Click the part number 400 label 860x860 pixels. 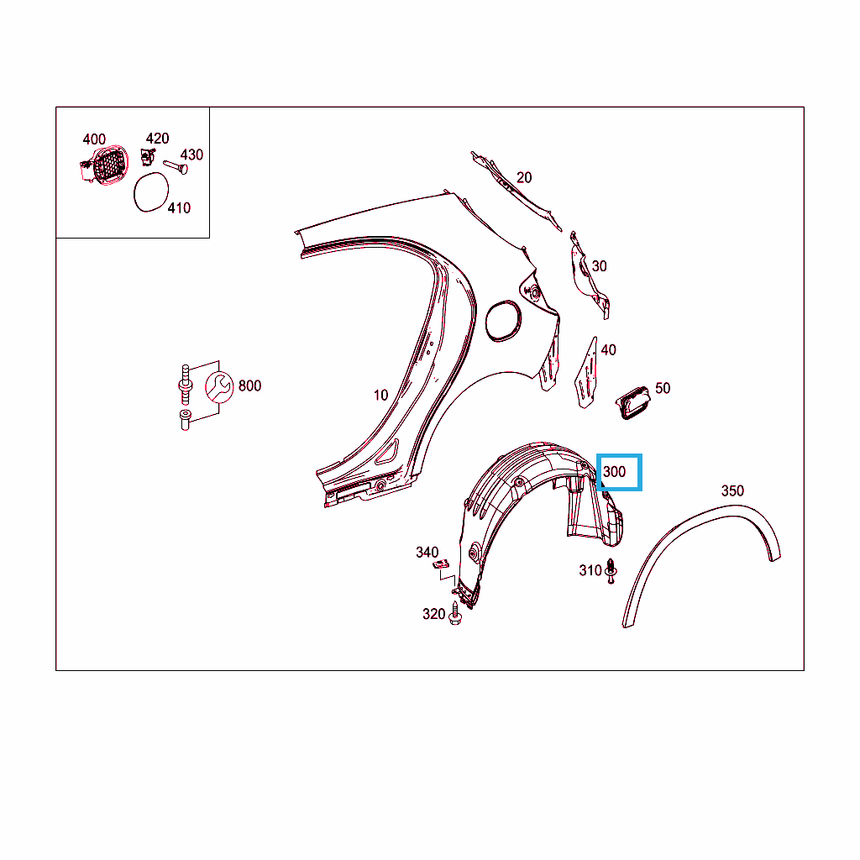coord(94,139)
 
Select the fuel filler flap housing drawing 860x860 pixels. coord(104,165)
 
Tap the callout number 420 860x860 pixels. coord(157,139)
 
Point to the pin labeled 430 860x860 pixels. coord(176,167)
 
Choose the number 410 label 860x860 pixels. coord(179,208)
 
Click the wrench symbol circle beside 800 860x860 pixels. coord(219,386)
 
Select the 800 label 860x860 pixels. coord(249,385)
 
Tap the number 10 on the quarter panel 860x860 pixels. coord(380,395)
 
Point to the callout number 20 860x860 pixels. coord(524,177)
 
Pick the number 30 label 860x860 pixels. coord(599,266)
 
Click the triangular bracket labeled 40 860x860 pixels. coord(586,374)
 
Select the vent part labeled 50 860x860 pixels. coord(633,402)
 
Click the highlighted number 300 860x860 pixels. coord(614,472)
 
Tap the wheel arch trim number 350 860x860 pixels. coord(732,490)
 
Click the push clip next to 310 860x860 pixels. coord(611,571)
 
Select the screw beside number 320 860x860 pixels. coord(454,613)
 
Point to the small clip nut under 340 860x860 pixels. coord(441,564)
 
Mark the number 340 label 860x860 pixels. coord(427,552)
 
